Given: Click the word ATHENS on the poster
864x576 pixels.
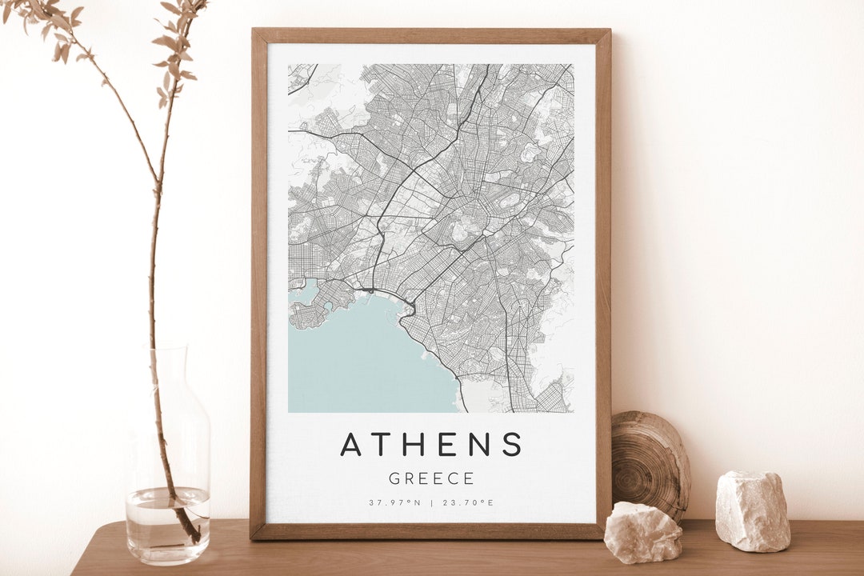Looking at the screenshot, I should pyautogui.click(x=431, y=444).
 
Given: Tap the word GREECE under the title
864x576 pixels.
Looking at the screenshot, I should pyautogui.click(x=431, y=479).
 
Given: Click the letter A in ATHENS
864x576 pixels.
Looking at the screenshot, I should pyautogui.click(x=350, y=444).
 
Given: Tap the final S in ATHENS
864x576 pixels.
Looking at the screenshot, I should pyautogui.click(x=512, y=444).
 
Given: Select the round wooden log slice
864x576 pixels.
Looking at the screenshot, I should pyautogui.click(x=650, y=464).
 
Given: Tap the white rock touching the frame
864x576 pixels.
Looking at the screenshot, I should pyautogui.click(x=643, y=531).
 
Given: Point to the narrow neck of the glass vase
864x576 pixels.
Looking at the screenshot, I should pyautogui.click(x=167, y=368).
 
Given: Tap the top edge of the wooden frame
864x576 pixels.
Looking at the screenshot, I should pyautogui.click(x=431, y=35).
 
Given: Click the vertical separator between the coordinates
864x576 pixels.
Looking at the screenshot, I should pyautogui.click(x=431, y=503).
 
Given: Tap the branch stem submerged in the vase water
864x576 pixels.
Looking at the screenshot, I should pyautogui.click(x=180, y=512).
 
